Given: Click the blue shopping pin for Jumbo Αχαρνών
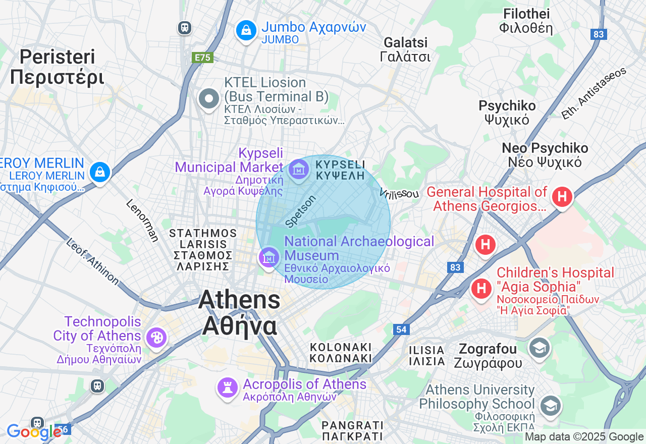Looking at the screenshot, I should click(246, 31).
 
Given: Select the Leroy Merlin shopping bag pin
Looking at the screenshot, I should click(100, 172).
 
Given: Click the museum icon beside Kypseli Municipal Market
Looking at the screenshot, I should click(299, 171).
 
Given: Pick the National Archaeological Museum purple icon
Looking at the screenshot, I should click(268, 258).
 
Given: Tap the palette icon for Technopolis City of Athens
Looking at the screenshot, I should click(156, 337).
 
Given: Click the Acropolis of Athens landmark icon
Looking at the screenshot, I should click(227, 387).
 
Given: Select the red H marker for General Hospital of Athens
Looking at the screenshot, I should click(562, 196).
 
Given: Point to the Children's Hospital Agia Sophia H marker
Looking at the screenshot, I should click(481, 289).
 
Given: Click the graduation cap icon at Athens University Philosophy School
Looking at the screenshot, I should click(550, 405).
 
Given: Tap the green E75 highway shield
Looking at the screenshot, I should click(202, 58).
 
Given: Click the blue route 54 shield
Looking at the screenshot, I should click(401, 329).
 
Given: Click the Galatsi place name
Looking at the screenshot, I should click(405, 49).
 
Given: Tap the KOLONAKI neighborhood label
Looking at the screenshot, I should click(341, 353).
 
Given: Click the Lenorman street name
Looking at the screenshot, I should click(142, 220).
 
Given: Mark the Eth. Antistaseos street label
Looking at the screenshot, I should click(594, 93).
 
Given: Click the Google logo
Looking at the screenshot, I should click(33, 432).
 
